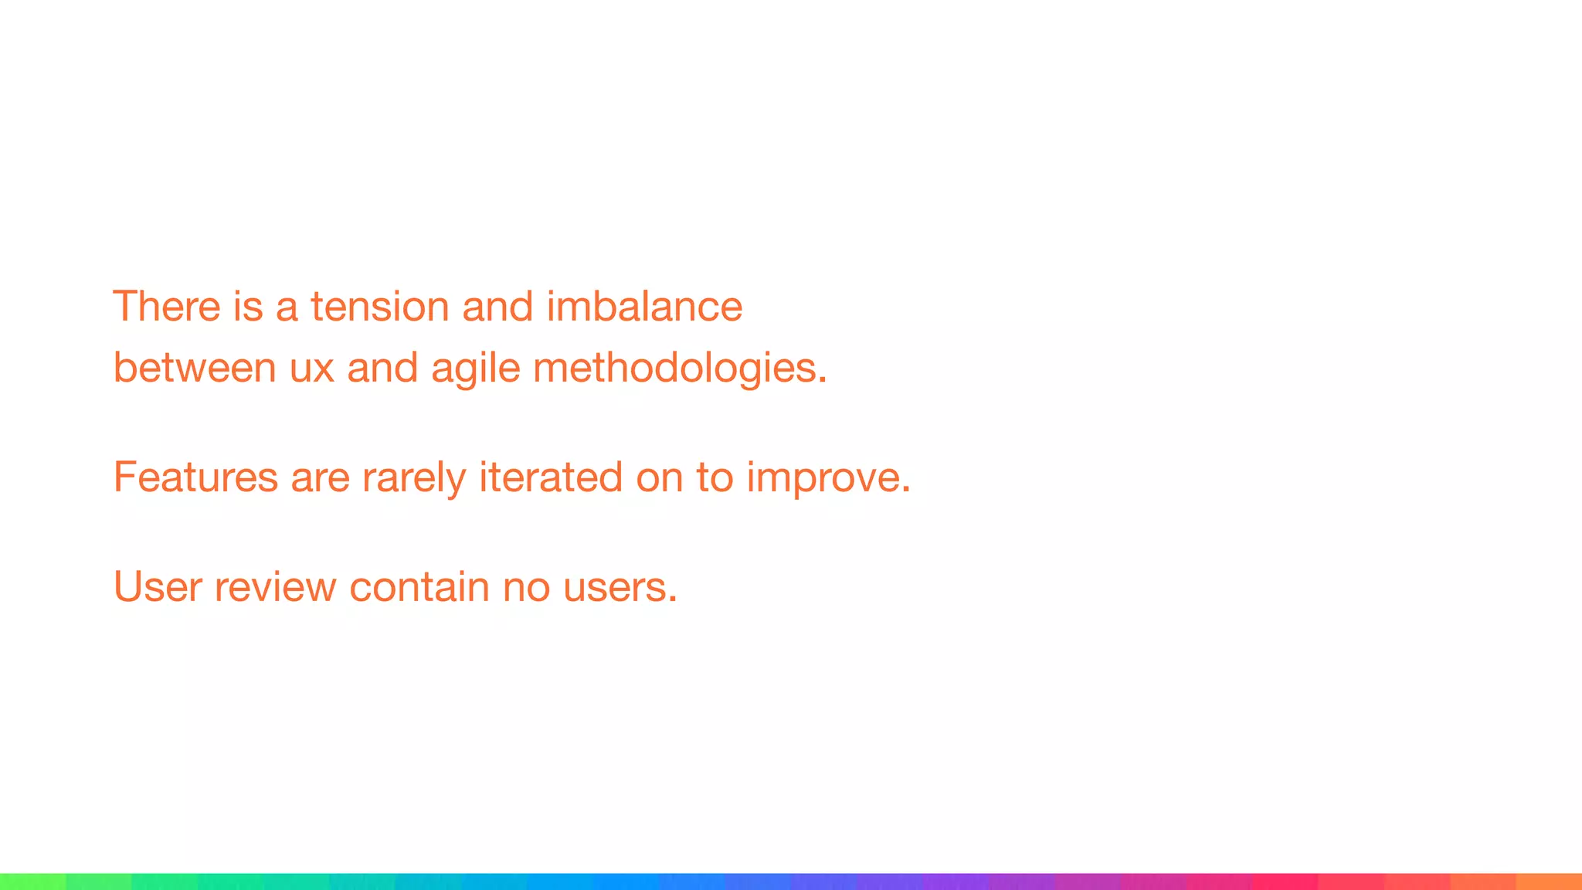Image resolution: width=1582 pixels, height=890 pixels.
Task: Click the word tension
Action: pos(380,307)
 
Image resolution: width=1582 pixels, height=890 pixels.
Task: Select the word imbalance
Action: pos(644,307)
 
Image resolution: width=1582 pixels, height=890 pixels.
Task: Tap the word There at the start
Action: pos(166,307)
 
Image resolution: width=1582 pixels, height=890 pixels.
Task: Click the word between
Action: pos(195,368)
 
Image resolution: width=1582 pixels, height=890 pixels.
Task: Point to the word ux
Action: pos(311,368)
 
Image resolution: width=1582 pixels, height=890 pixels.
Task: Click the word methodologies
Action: pos(680,368)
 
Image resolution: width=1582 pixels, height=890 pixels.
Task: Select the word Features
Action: pos(195,477)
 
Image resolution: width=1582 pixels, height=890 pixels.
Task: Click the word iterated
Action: pos(551,477)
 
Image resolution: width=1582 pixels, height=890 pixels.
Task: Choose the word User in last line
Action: pos(158,586)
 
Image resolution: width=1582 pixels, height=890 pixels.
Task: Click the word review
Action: pos(275,586)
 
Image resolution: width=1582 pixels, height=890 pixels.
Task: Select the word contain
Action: pos(419,586)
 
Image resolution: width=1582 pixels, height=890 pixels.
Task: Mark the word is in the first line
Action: pos(248,307)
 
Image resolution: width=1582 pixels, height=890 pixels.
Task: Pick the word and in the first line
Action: pos(497,307)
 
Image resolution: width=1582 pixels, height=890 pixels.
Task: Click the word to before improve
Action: pos(714,477)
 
